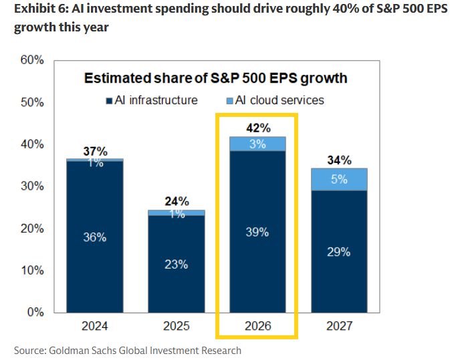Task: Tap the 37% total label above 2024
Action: click(x=95, y=151)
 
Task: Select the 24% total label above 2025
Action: click(x=177, y=201)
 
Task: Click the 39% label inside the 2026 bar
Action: click(x=258, y=232)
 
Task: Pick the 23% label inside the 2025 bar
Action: click(x=177, y=264)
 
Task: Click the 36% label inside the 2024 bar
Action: click(x=95, y=238)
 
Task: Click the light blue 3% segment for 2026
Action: click(x=258, y=144)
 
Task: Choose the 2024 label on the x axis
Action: click(x=95, y=328)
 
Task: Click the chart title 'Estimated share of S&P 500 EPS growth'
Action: click(x=215, y=78)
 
